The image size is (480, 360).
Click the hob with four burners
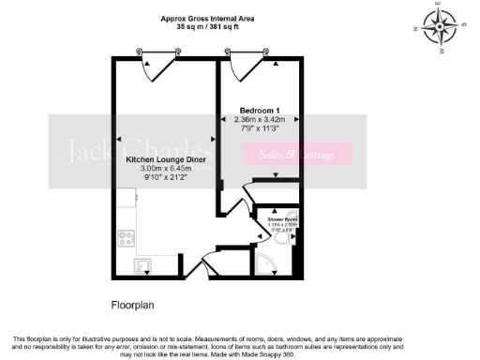tap(126, 238)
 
